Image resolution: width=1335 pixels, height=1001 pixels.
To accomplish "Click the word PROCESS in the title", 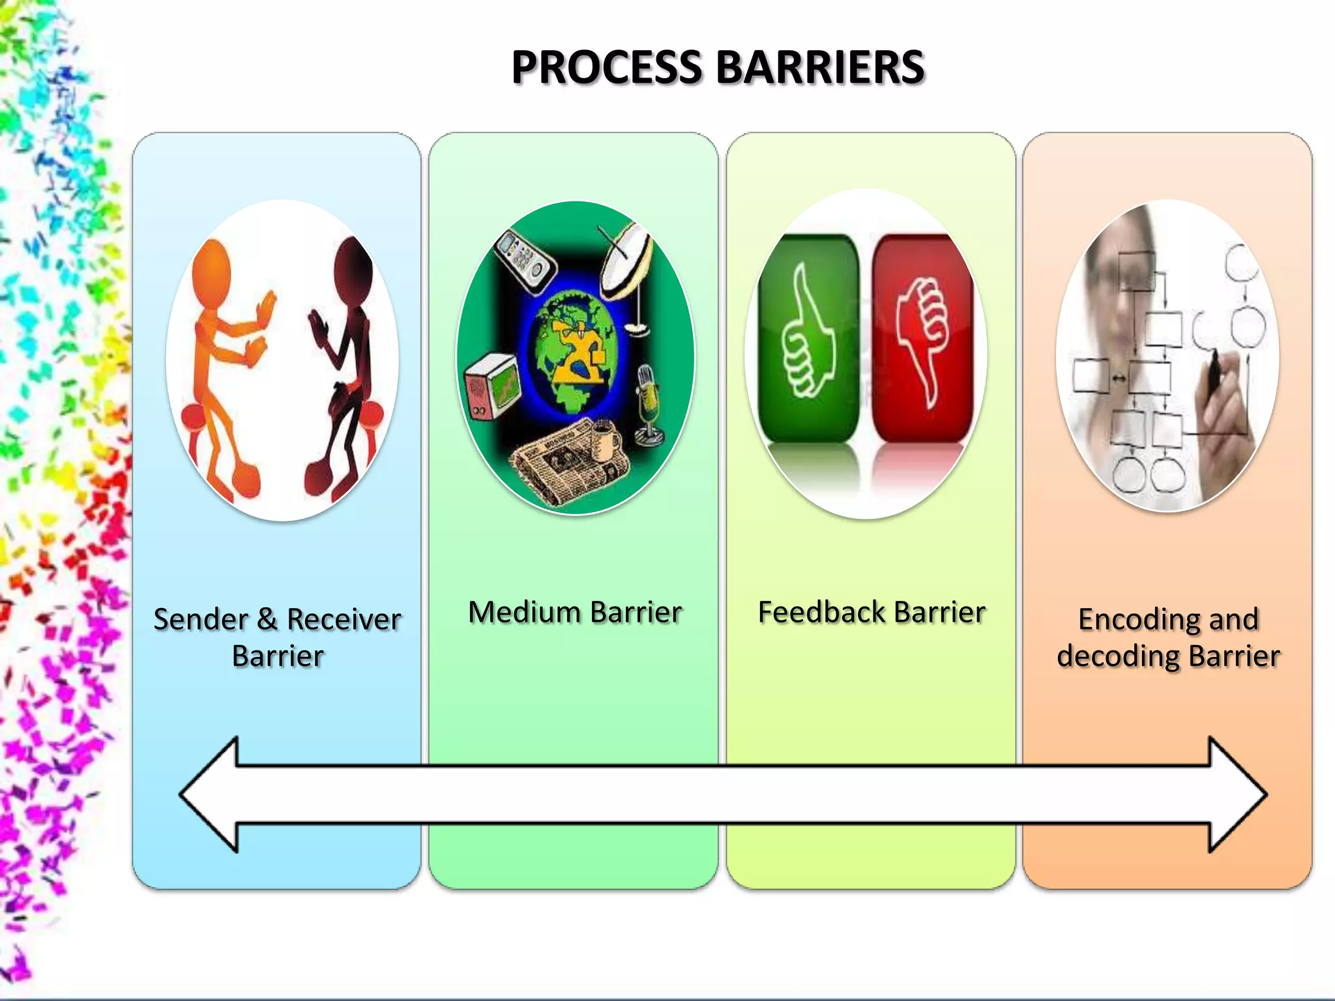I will (x=606, y=68).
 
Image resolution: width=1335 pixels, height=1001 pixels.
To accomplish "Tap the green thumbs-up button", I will (x=809, y=339).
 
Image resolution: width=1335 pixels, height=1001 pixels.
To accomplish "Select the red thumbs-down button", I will (x=922, y=339).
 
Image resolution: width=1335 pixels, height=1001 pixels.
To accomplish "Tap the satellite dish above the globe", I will (x=626, y=261).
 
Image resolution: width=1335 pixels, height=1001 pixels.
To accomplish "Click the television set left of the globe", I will (x=492, y=387).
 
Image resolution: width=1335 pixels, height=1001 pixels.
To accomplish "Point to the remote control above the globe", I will (x=525, y=257).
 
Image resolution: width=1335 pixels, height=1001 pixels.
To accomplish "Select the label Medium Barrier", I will (x=575, y=613).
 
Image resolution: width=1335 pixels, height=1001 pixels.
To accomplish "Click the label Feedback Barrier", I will (x=872, y=613).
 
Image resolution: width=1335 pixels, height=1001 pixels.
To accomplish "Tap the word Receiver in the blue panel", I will (x=344, y=620).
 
